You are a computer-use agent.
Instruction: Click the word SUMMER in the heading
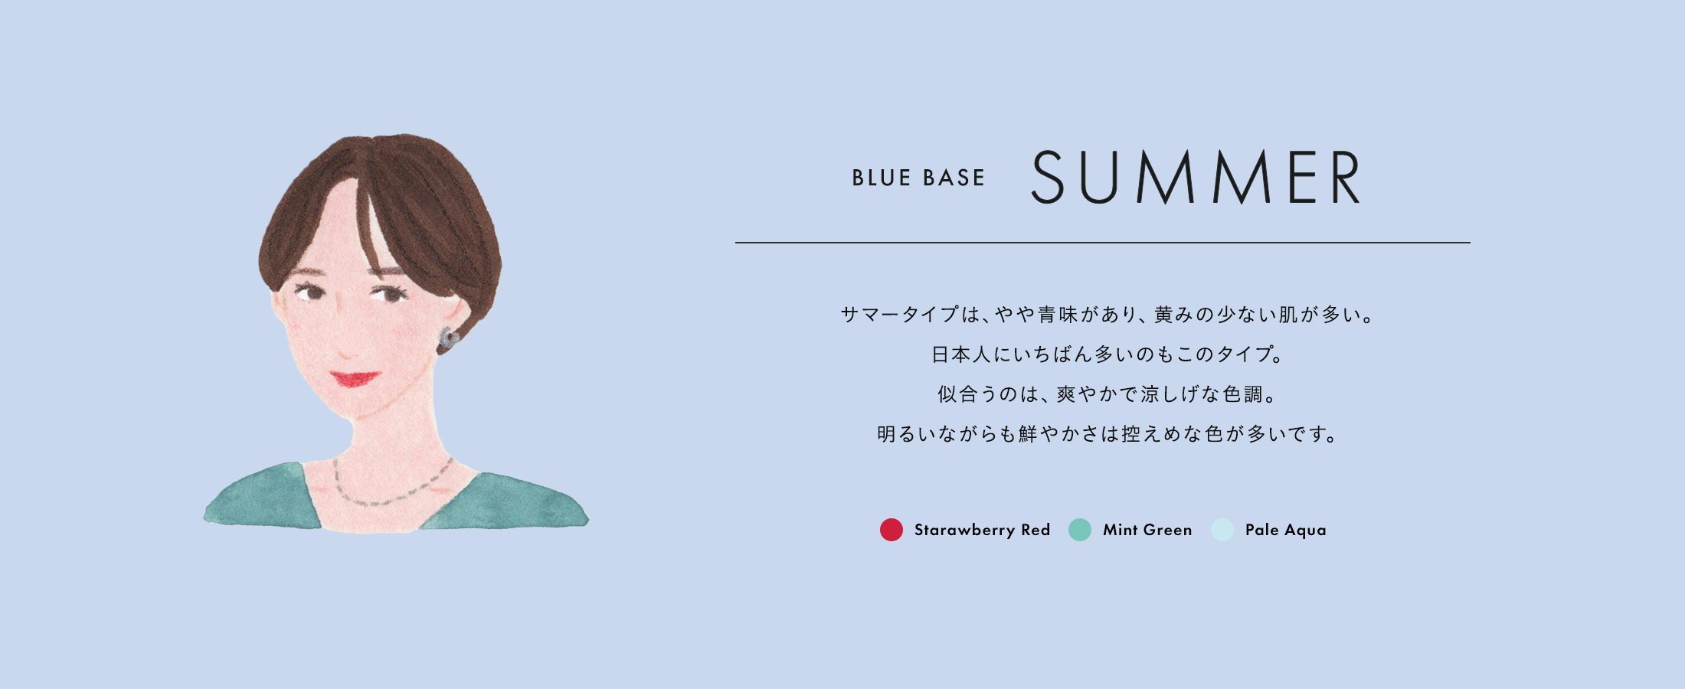[1196, 177]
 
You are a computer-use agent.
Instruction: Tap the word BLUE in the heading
[882, 178]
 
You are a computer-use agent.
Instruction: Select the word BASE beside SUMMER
[954, 178]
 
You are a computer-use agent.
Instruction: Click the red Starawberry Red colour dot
[892, 530]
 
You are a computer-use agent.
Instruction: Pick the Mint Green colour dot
[1080, 530]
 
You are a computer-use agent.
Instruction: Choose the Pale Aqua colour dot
[1222, 530]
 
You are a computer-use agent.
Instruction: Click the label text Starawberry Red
[982, 530]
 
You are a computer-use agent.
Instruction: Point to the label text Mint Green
[1147, 530]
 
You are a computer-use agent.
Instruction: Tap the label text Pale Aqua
[1286, 530]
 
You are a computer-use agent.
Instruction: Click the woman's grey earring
[447, 338]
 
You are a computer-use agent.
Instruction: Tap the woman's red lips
[355, 378]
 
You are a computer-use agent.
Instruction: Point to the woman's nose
[346, 348]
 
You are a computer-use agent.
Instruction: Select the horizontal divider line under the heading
[1103, 243]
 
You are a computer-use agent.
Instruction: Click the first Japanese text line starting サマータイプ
[1108, 315]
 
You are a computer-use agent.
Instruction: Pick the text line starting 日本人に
[1108, 354]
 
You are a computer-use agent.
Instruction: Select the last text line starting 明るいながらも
[1108, 434]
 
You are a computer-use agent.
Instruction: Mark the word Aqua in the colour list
[1306, 531]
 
